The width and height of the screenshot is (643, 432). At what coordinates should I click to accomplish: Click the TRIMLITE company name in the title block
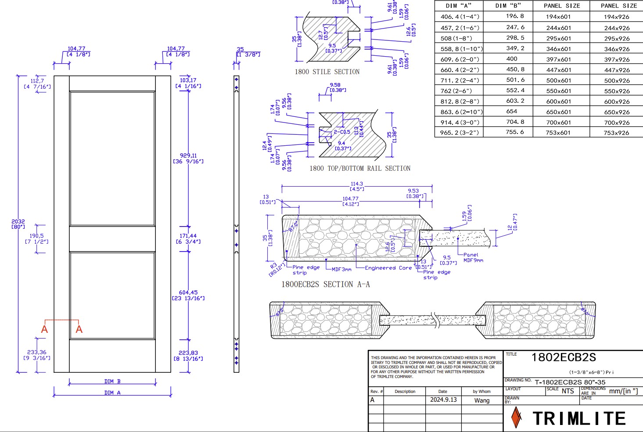[x=579, y=418]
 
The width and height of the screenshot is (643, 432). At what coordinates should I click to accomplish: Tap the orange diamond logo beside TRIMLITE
[x=517, y=417]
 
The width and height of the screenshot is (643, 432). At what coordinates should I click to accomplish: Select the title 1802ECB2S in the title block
[x=564, y=357]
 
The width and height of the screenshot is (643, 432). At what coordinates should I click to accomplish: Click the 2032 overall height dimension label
[x=18, y=222]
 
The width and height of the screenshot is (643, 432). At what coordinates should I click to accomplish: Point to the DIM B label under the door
[x=112, y=382]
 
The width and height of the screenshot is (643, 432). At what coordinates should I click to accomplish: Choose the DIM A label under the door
[x=112, y=393]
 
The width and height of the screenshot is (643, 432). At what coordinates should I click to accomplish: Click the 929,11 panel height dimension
[x=188, y=155]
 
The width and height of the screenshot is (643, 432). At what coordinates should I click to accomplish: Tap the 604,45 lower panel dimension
[x=188, y=292]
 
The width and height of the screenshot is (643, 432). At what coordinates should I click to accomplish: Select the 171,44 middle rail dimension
[x=188, y=236]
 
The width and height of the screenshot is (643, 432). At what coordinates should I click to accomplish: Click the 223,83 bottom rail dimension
[x=188, y=353]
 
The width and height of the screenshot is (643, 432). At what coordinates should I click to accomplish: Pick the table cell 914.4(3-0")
[x=460, y=122]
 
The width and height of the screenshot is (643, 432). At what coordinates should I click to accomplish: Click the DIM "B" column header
[x=508, y=6]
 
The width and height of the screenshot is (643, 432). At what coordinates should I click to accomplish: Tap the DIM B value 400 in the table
[x=512, y=59]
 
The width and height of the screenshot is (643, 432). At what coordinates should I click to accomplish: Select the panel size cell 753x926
[x=616, y=133]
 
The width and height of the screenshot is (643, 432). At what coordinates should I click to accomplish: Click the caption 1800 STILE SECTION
[x=327, y=72]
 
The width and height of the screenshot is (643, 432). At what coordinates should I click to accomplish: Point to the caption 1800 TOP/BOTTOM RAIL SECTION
[x=360, y=168]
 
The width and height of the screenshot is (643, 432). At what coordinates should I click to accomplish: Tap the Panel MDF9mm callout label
[x=473, y=257]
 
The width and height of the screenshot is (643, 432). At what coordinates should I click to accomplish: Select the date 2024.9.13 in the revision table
[x=443, y=400]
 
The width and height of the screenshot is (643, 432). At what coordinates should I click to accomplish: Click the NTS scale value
[x=568, y=391]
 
